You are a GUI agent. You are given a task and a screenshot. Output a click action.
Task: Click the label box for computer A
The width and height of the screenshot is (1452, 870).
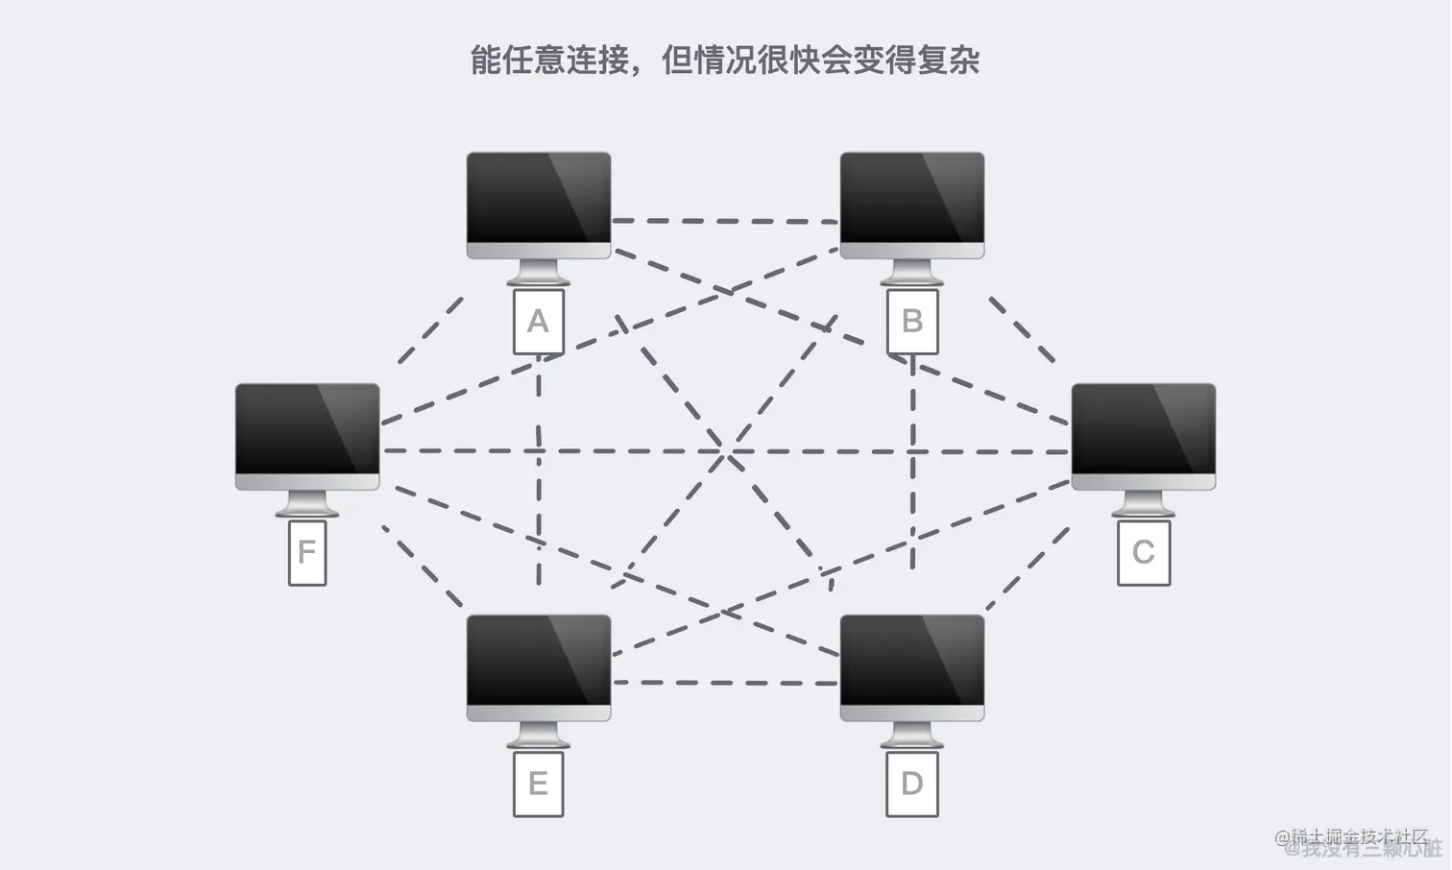pyautogui.click(x=538, y=322)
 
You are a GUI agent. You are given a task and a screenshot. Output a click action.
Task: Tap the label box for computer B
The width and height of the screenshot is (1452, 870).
pyautogui.click(x=911, y=322)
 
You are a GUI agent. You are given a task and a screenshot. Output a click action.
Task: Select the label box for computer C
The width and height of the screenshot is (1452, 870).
pyautogui.click(x=1143, y=553)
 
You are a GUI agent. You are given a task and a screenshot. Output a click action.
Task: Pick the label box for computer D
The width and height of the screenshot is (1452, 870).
pyautogui.click(x=911, y=785)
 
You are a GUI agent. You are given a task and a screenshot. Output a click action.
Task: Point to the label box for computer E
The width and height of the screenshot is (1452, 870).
pyautogui.click(x=538, y=785)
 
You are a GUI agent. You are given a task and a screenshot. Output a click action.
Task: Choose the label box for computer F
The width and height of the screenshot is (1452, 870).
pyautogui.click(x=307, y=553)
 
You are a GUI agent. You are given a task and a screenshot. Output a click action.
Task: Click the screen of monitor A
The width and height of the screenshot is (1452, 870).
pyautogui.click(x=538, y=198)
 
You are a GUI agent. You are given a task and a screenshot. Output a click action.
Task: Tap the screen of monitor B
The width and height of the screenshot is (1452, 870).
pyautogui.click(x=911, y=198)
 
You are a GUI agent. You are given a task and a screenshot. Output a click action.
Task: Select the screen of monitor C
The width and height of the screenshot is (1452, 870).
pyautogui.click(x=1143, y=429)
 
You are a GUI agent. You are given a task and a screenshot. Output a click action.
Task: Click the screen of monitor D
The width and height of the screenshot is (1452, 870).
pyautogui.click(x=911, y=661)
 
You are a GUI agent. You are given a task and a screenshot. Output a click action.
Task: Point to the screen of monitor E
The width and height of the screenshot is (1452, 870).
pyautogui.click(x=538, y=661)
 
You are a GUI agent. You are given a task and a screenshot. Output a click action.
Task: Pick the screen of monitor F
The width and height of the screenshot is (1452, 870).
pyautogui.click(x=307, y=429)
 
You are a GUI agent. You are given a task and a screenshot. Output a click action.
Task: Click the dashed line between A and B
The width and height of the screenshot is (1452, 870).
pyautogui.click(x=725, y=221)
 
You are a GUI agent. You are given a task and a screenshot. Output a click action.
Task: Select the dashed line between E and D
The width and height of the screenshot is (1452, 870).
pyautogui.click(x=725, y=683)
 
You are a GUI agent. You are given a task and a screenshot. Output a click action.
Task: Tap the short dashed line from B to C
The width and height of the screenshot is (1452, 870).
pyautogui.click(x=1022, y=329)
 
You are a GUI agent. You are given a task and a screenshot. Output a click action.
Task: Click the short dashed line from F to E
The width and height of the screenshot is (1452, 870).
pyautogui.click(x=423, y=567)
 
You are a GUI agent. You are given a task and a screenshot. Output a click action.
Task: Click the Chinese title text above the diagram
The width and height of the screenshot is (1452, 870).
pyautogui.click(x=725, y=60)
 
